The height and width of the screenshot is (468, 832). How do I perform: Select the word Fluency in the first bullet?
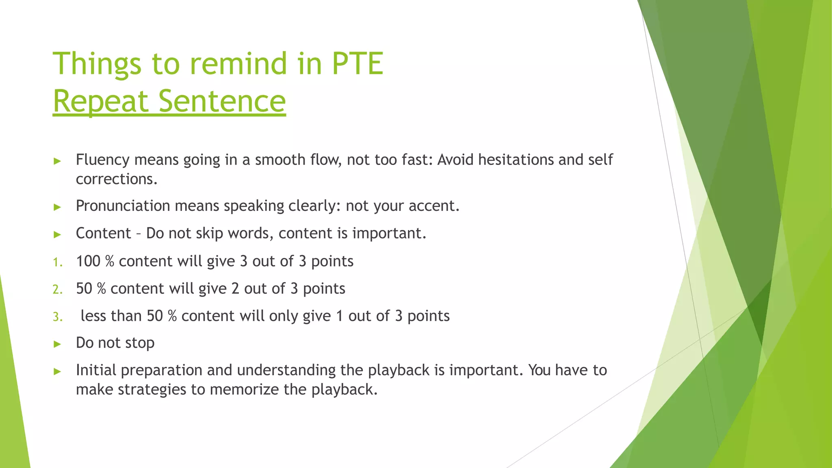point(102,160)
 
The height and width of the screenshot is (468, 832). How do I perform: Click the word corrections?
point(116,179)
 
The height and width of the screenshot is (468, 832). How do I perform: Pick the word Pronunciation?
point(123,206)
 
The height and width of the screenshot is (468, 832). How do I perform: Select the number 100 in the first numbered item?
point(88,261)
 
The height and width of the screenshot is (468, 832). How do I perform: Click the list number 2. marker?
point(58,289)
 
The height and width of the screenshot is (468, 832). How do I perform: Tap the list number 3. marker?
point(58,316)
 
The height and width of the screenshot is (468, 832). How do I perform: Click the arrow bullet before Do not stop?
point(57,344)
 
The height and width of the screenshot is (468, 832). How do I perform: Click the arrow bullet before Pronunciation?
point(57,207)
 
